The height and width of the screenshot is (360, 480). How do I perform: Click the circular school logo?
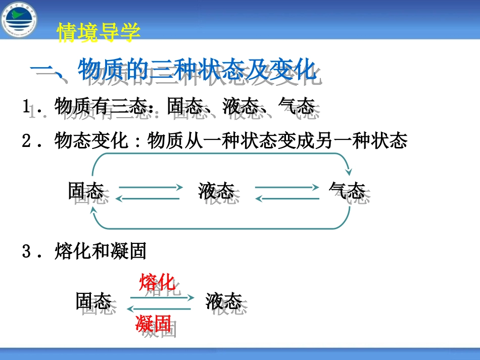(x=19, y=20)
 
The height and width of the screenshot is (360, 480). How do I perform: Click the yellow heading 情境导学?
(x=99, y=32)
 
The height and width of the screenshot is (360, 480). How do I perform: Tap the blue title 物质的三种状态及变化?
(x=197, y=70)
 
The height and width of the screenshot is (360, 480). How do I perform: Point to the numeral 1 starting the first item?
(x=26, y=107)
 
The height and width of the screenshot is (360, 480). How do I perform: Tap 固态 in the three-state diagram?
(x=86, y=191)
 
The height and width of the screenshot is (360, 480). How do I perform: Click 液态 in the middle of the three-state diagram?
(x=216, y=191)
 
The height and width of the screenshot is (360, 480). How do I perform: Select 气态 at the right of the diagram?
(x=347, y=191)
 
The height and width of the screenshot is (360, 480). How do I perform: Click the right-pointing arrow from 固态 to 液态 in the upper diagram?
(x=150, y=187)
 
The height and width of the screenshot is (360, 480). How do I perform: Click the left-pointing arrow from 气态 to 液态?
(x=287, y=199)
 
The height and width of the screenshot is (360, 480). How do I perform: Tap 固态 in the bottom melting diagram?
(x=93, y=301)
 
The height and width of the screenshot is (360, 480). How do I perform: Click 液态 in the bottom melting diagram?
(x=223, y=301)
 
